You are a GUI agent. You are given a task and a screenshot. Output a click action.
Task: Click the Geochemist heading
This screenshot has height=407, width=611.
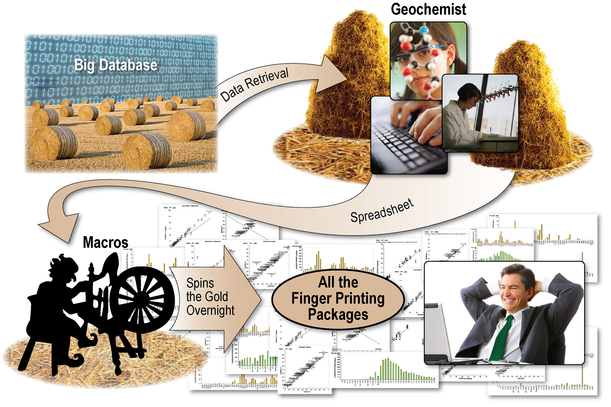coord(428,10)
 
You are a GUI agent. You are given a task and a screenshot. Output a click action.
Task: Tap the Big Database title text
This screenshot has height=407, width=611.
coord(116,65)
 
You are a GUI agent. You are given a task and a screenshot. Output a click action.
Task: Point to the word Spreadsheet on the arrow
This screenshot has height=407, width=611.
coord(382,211)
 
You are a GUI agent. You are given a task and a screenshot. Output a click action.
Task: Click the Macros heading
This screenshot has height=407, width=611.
coord(105,242)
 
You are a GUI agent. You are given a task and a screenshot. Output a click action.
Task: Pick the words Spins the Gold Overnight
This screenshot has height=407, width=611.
coord(210,297)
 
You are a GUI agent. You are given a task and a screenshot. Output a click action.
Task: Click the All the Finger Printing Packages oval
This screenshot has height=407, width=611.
coord(338,298)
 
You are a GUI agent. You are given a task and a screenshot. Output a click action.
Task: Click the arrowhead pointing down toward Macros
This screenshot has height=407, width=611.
coord(59,228)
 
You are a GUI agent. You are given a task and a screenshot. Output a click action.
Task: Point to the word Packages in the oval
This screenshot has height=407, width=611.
coord(338,314)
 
